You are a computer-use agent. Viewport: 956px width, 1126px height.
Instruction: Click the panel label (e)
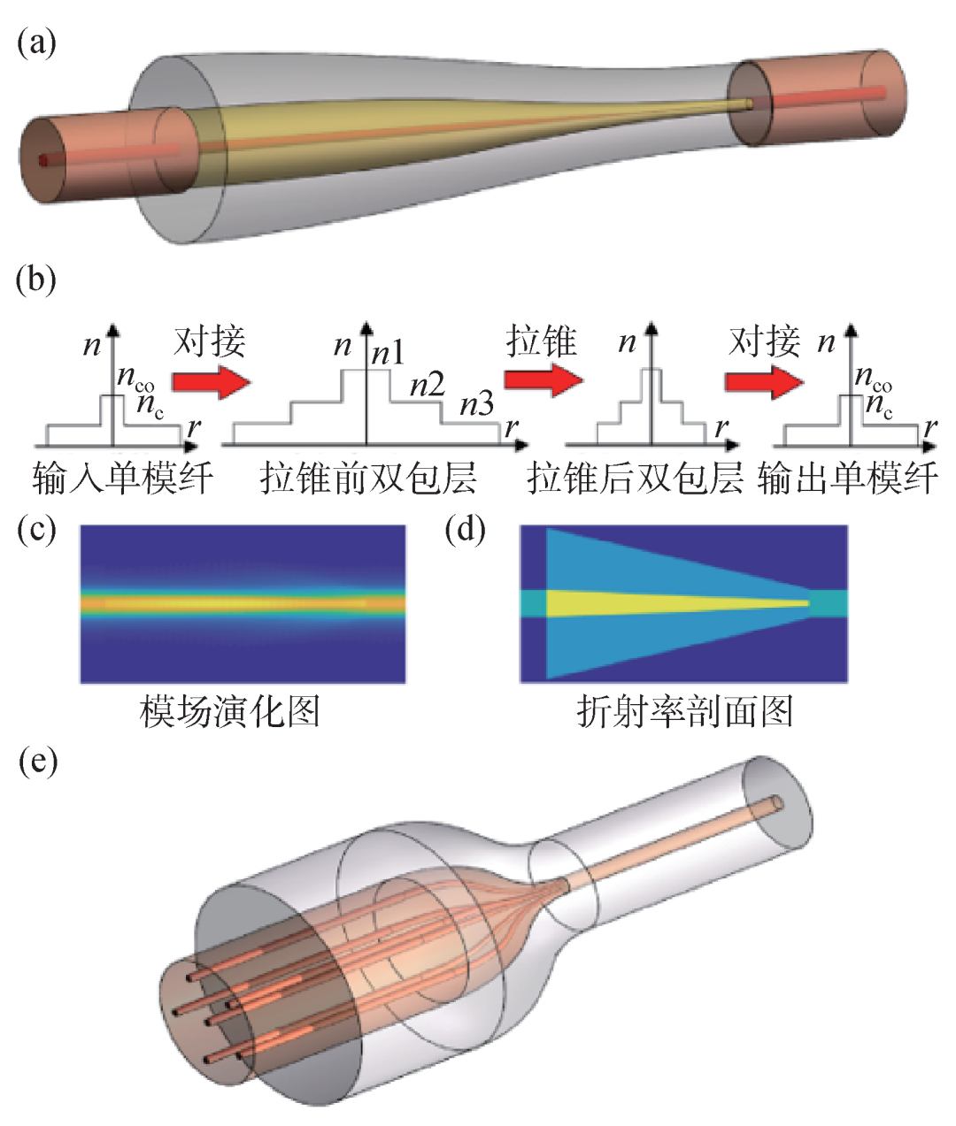click(38, 761)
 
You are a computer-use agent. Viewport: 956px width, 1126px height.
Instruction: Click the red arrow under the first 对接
click(211, 381)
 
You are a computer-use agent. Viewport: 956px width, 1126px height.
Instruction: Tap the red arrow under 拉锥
click(543, 380)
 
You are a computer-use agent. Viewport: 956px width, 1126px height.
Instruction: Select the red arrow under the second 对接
click(763, 381)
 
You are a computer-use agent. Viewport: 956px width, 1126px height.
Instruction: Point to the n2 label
click(427, 385)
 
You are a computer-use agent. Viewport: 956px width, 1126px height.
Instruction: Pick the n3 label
click(476, 406)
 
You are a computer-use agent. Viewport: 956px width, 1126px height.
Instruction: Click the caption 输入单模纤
click(122, 479)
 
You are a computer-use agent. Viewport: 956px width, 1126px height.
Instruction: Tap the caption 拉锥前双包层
click(368, 479)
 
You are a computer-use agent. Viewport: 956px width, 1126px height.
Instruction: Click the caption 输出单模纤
click(848, 479)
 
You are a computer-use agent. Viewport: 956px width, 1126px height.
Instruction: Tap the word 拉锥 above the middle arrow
click(542, 341)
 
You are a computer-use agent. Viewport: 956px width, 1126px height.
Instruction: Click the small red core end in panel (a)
click(42, 160)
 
